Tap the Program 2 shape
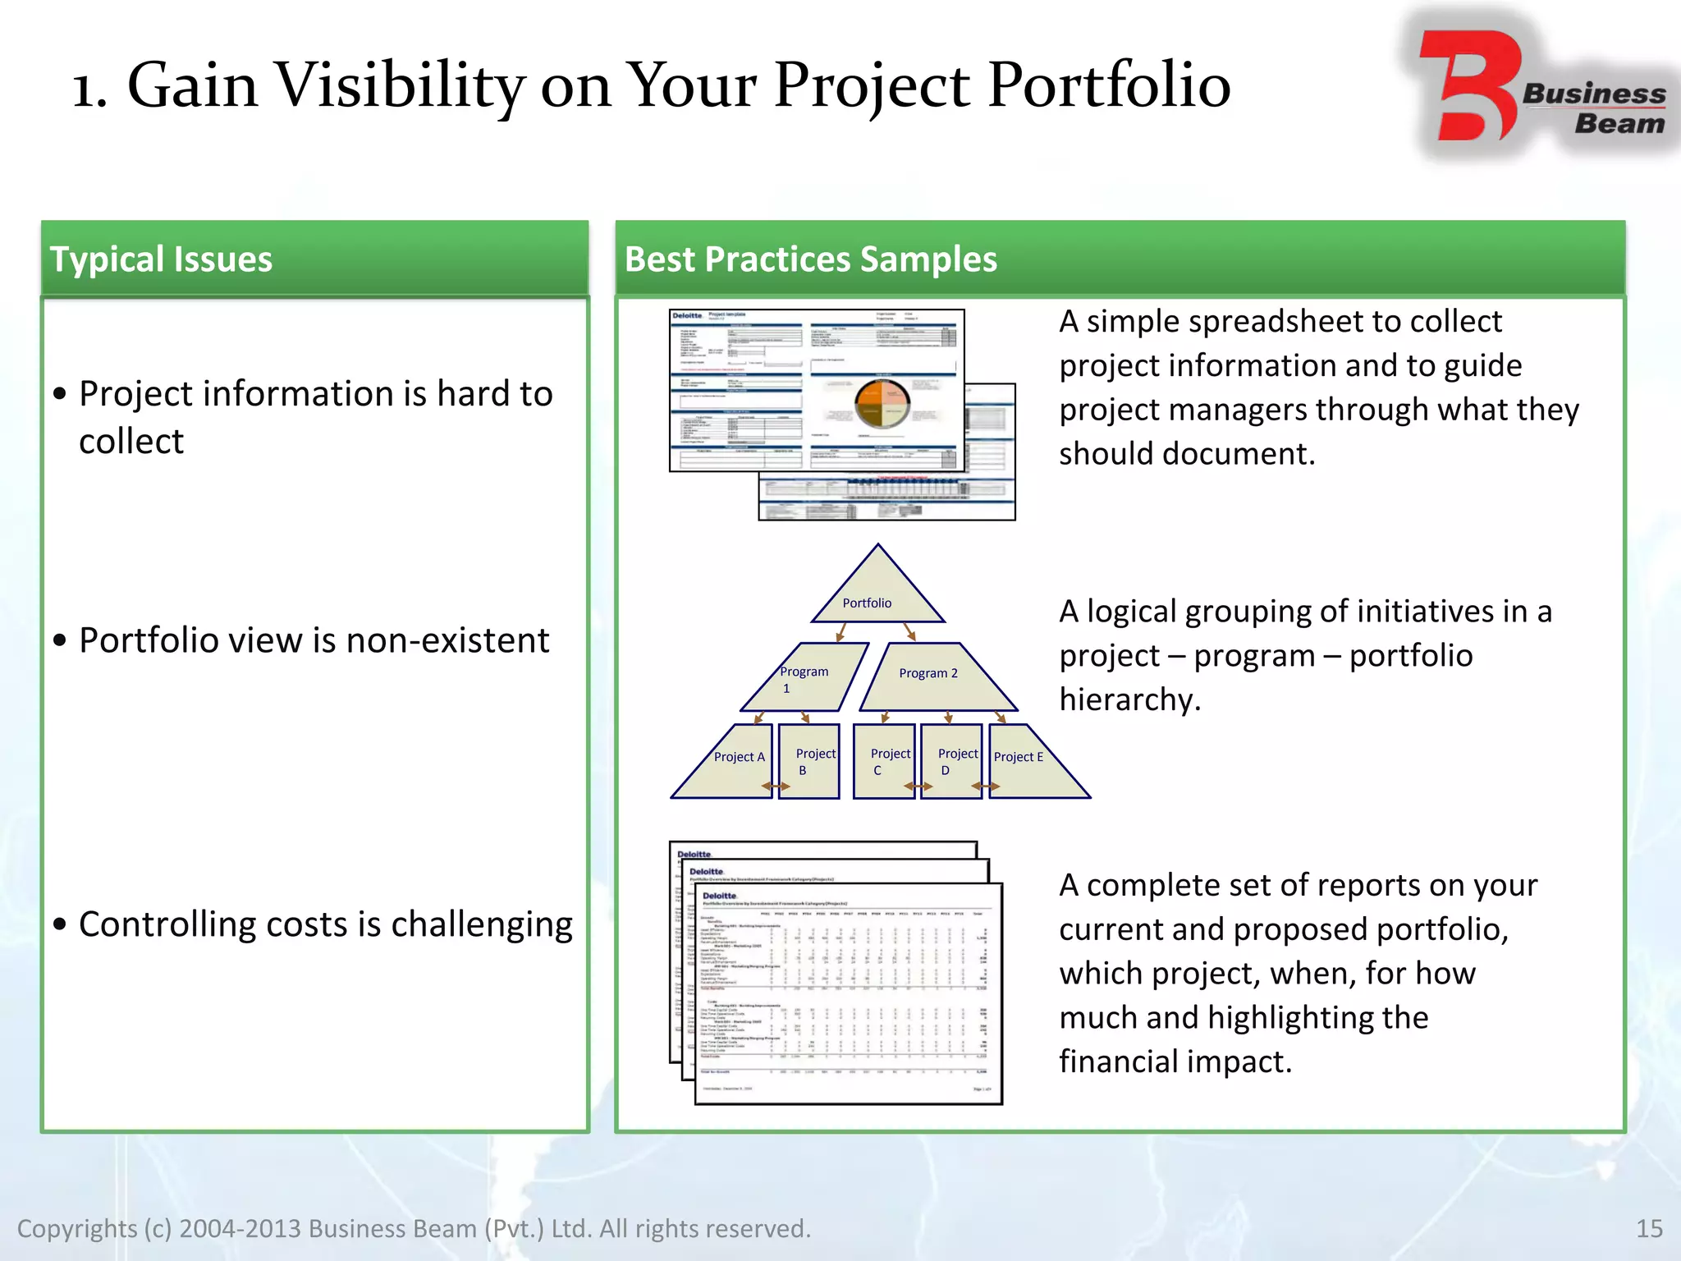tap(936, 678)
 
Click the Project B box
tap(808, 761)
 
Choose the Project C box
tap(884, 761)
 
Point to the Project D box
tap(951, 761)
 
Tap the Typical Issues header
tap(162, 259)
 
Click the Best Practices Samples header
tap(810, 259)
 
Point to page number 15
tap(1649, 1228)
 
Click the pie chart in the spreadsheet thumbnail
tap(882, 404)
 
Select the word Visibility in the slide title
tap(400, 85)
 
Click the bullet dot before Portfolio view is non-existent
tap(59, 640)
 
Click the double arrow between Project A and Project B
tap(776, 786)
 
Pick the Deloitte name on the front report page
tap(719, 896)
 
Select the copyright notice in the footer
tap(414, 1228)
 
